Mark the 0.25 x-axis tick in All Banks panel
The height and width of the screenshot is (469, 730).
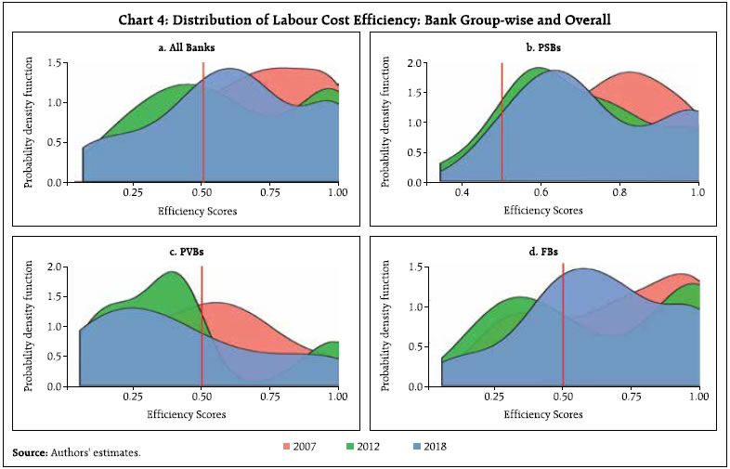(133, 191)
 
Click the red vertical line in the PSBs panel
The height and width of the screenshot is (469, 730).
(502, 122)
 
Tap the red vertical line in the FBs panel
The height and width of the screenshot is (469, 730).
(563, 325)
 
